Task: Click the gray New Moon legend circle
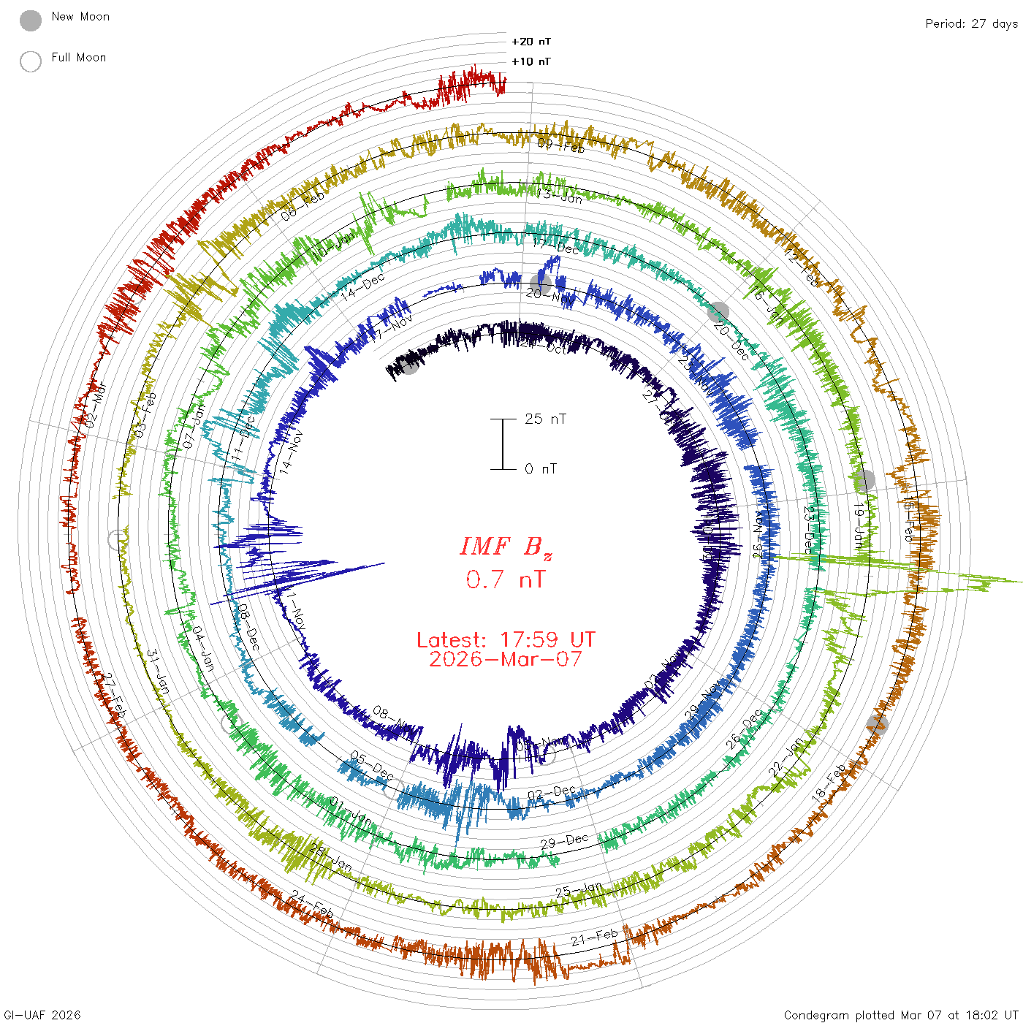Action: [x=31, y=20]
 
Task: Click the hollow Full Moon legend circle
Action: [x=31, y=61]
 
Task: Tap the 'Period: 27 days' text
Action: [x=971, y=24]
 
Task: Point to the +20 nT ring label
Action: [x=531, y=42]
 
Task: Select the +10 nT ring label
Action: [x=531, y=61]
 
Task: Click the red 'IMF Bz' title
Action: [x=506, y=547]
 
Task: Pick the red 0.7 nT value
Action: [x=506, y=579]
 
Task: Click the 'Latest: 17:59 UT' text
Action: [x=506, y=640]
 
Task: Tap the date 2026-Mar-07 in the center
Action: [x=506, y=659]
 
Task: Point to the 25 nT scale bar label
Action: [x=545, y=419]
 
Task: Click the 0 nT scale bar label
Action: [x=541, y=468]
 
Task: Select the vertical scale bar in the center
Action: [x=503, y=444]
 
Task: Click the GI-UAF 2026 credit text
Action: [x=42, y=1015]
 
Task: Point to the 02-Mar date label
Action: [x=96, y=405]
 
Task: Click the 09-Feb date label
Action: [x=561, y=145]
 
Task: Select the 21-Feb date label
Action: [x=594, y=937]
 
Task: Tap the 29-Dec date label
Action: [x=564, y=842]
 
